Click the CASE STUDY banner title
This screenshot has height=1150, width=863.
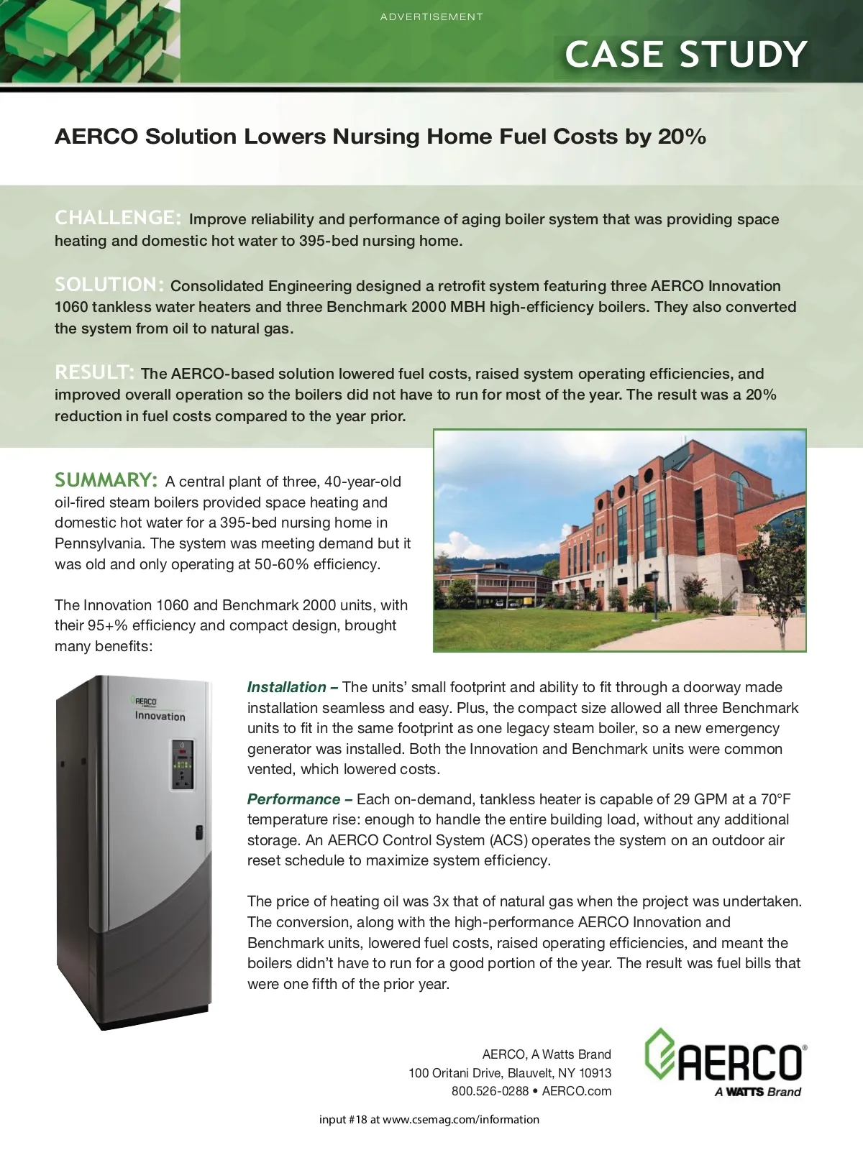tap(686, 55)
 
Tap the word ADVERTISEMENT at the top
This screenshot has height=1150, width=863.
tap(431, 17)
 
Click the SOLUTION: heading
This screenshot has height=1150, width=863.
tap(110, 284)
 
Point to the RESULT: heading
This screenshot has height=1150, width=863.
tap(94, 372)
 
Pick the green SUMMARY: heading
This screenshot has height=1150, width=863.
tap(106, 479)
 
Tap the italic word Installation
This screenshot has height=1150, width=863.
tap(286, 687)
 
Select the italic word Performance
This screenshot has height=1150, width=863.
tap(293, 799)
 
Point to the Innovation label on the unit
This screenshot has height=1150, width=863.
tap(160, 716)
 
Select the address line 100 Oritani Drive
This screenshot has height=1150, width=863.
tap(510, 1073)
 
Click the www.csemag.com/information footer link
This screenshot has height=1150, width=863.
tap(460, 1119)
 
